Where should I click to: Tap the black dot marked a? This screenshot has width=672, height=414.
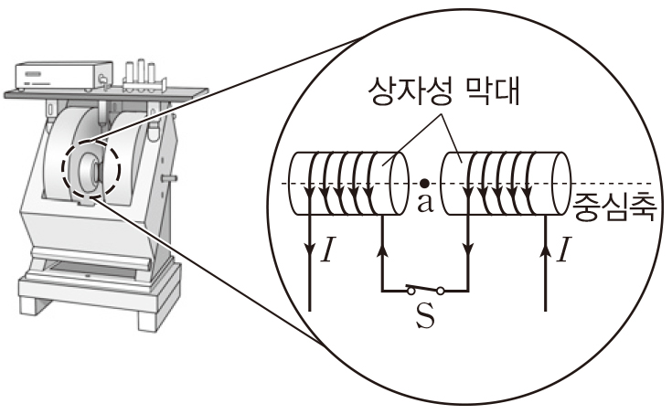[x=422, y=183]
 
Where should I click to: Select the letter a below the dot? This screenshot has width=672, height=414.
[x=423, y=202]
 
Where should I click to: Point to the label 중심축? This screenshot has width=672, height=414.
[x=614, y=206]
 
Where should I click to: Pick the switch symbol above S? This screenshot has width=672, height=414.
[x=425, y=291]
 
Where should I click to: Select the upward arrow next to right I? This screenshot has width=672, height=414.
[x=546, y=249]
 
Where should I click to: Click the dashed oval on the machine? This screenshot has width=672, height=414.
[x=88, y=168]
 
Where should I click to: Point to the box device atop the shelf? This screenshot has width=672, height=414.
[x=57, y=72]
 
